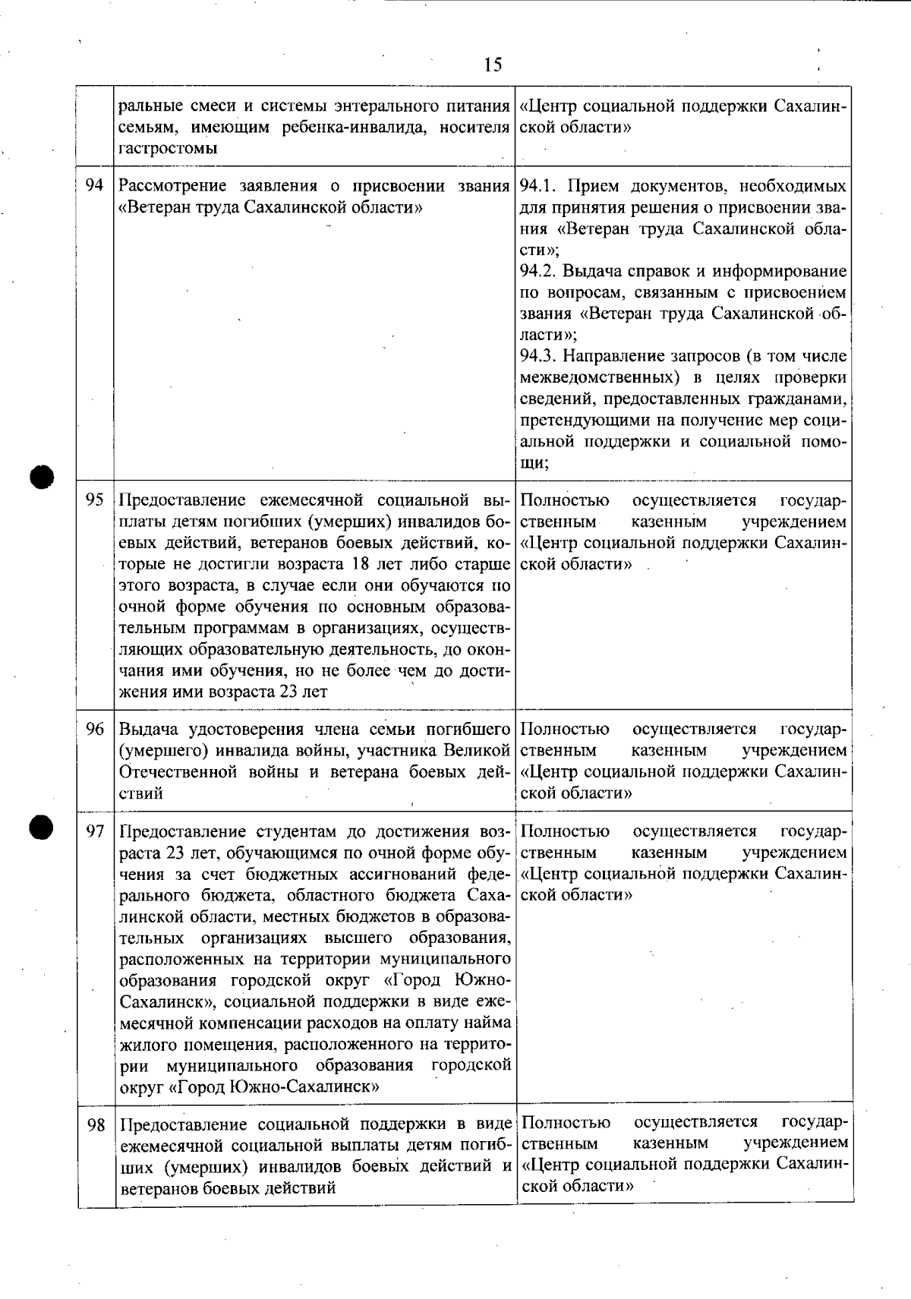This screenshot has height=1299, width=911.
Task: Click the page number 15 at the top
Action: (x=493, y=65)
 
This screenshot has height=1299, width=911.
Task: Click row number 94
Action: (x=95, y=186)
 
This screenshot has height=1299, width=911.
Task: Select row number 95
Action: (x=95, y=500)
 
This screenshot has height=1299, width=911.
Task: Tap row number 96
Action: (x=95, y=730)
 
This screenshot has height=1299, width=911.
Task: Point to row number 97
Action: (x=95, y=831)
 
